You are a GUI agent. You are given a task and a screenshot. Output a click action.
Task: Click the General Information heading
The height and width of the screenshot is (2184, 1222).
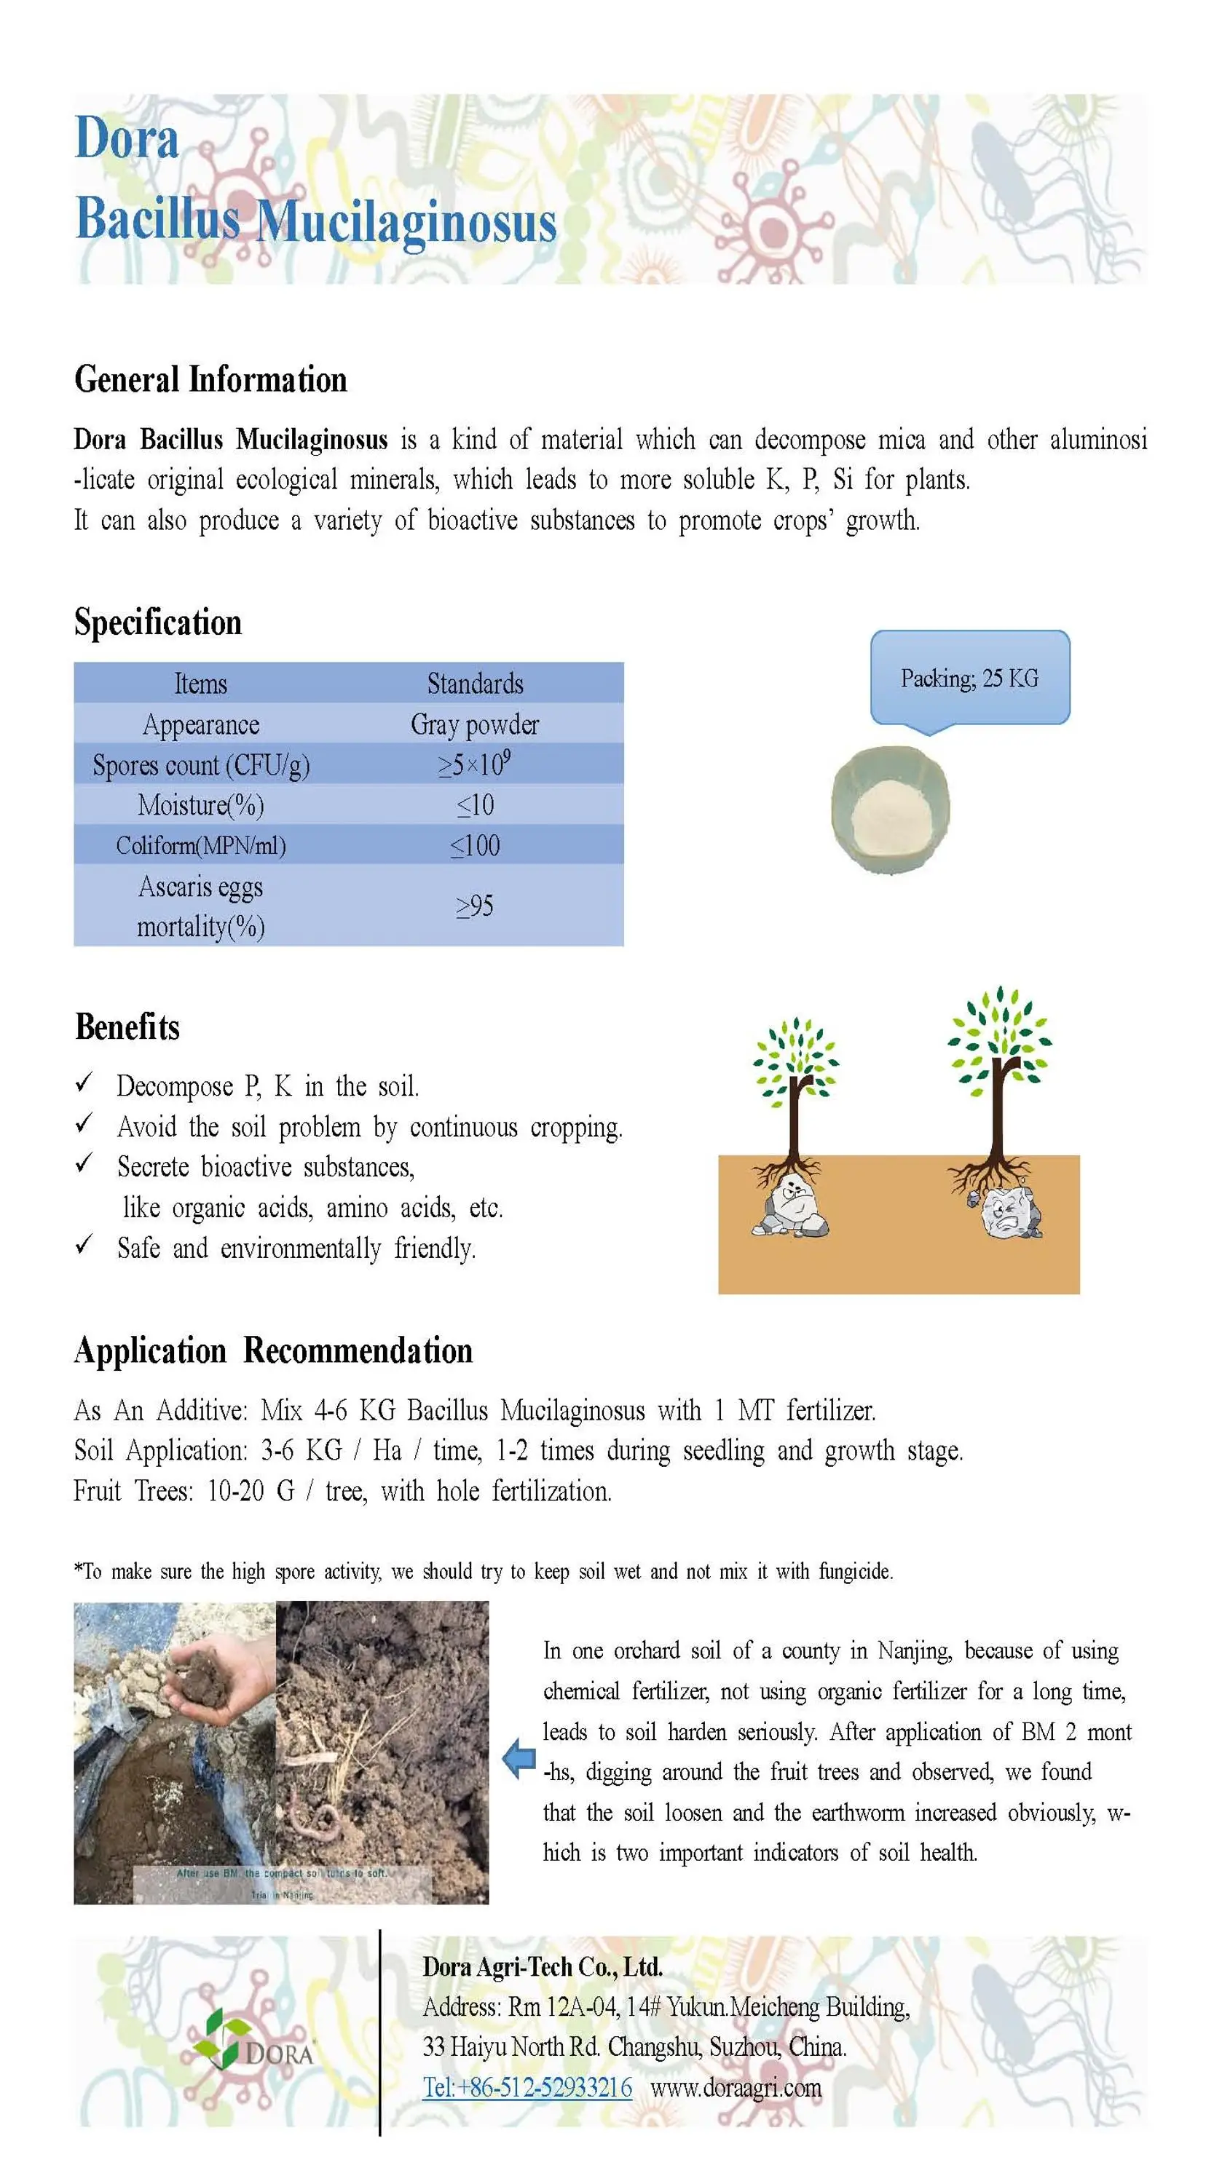210,379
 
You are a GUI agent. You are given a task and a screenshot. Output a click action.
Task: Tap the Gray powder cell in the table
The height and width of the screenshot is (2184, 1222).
474,724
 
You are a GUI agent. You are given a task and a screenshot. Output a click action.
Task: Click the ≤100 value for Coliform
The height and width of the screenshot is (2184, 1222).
475,845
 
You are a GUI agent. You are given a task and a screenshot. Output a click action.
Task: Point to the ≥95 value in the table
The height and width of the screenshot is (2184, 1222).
475,906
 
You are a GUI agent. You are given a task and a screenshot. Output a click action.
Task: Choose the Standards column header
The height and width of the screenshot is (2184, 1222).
475,684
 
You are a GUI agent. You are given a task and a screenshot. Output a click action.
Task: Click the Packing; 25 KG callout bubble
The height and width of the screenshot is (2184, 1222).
969,678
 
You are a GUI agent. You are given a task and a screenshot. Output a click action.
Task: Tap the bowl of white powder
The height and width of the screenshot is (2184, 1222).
891,810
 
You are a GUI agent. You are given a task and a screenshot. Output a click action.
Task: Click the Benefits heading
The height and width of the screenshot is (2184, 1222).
127,1026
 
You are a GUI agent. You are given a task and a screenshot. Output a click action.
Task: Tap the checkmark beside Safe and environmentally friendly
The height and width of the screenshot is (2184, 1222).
84,1246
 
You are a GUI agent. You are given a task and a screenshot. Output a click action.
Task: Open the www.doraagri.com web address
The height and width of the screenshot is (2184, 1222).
736,2087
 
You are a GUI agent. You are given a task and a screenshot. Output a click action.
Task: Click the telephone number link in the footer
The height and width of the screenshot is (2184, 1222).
527,2087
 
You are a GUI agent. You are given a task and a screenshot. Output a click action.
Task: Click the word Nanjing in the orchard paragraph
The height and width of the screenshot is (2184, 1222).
914,1650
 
